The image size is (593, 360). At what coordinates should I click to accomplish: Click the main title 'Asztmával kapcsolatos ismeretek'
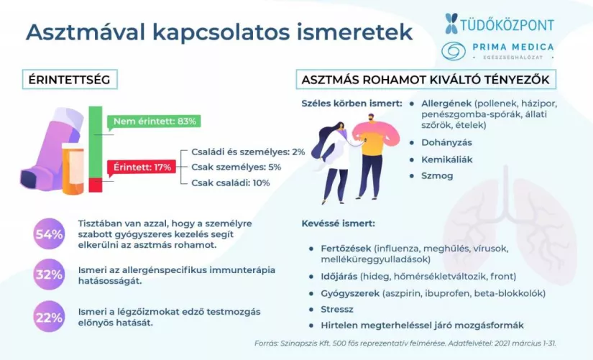click(x=219, y=32)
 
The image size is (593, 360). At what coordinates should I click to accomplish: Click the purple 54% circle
click(x=48, y=234)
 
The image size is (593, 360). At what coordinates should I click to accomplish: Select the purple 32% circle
click(x=48, y=274)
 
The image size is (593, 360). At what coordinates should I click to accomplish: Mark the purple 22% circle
click(x=48, y=315)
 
